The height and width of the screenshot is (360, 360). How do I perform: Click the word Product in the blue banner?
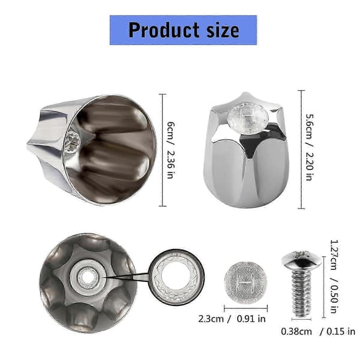[164, 30]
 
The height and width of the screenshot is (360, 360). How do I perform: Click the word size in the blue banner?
[223, 30]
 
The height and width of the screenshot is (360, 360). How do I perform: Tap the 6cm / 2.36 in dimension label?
[170, 150]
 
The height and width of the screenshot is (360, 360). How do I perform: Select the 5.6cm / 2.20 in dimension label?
[309, 147]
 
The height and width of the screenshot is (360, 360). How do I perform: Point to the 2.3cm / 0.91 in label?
[232, 319]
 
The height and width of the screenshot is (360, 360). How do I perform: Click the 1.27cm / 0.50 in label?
[334, 277]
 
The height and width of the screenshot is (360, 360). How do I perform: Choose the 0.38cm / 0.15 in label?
[318, 332]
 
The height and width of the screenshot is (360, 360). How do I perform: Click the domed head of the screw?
[301, 260]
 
